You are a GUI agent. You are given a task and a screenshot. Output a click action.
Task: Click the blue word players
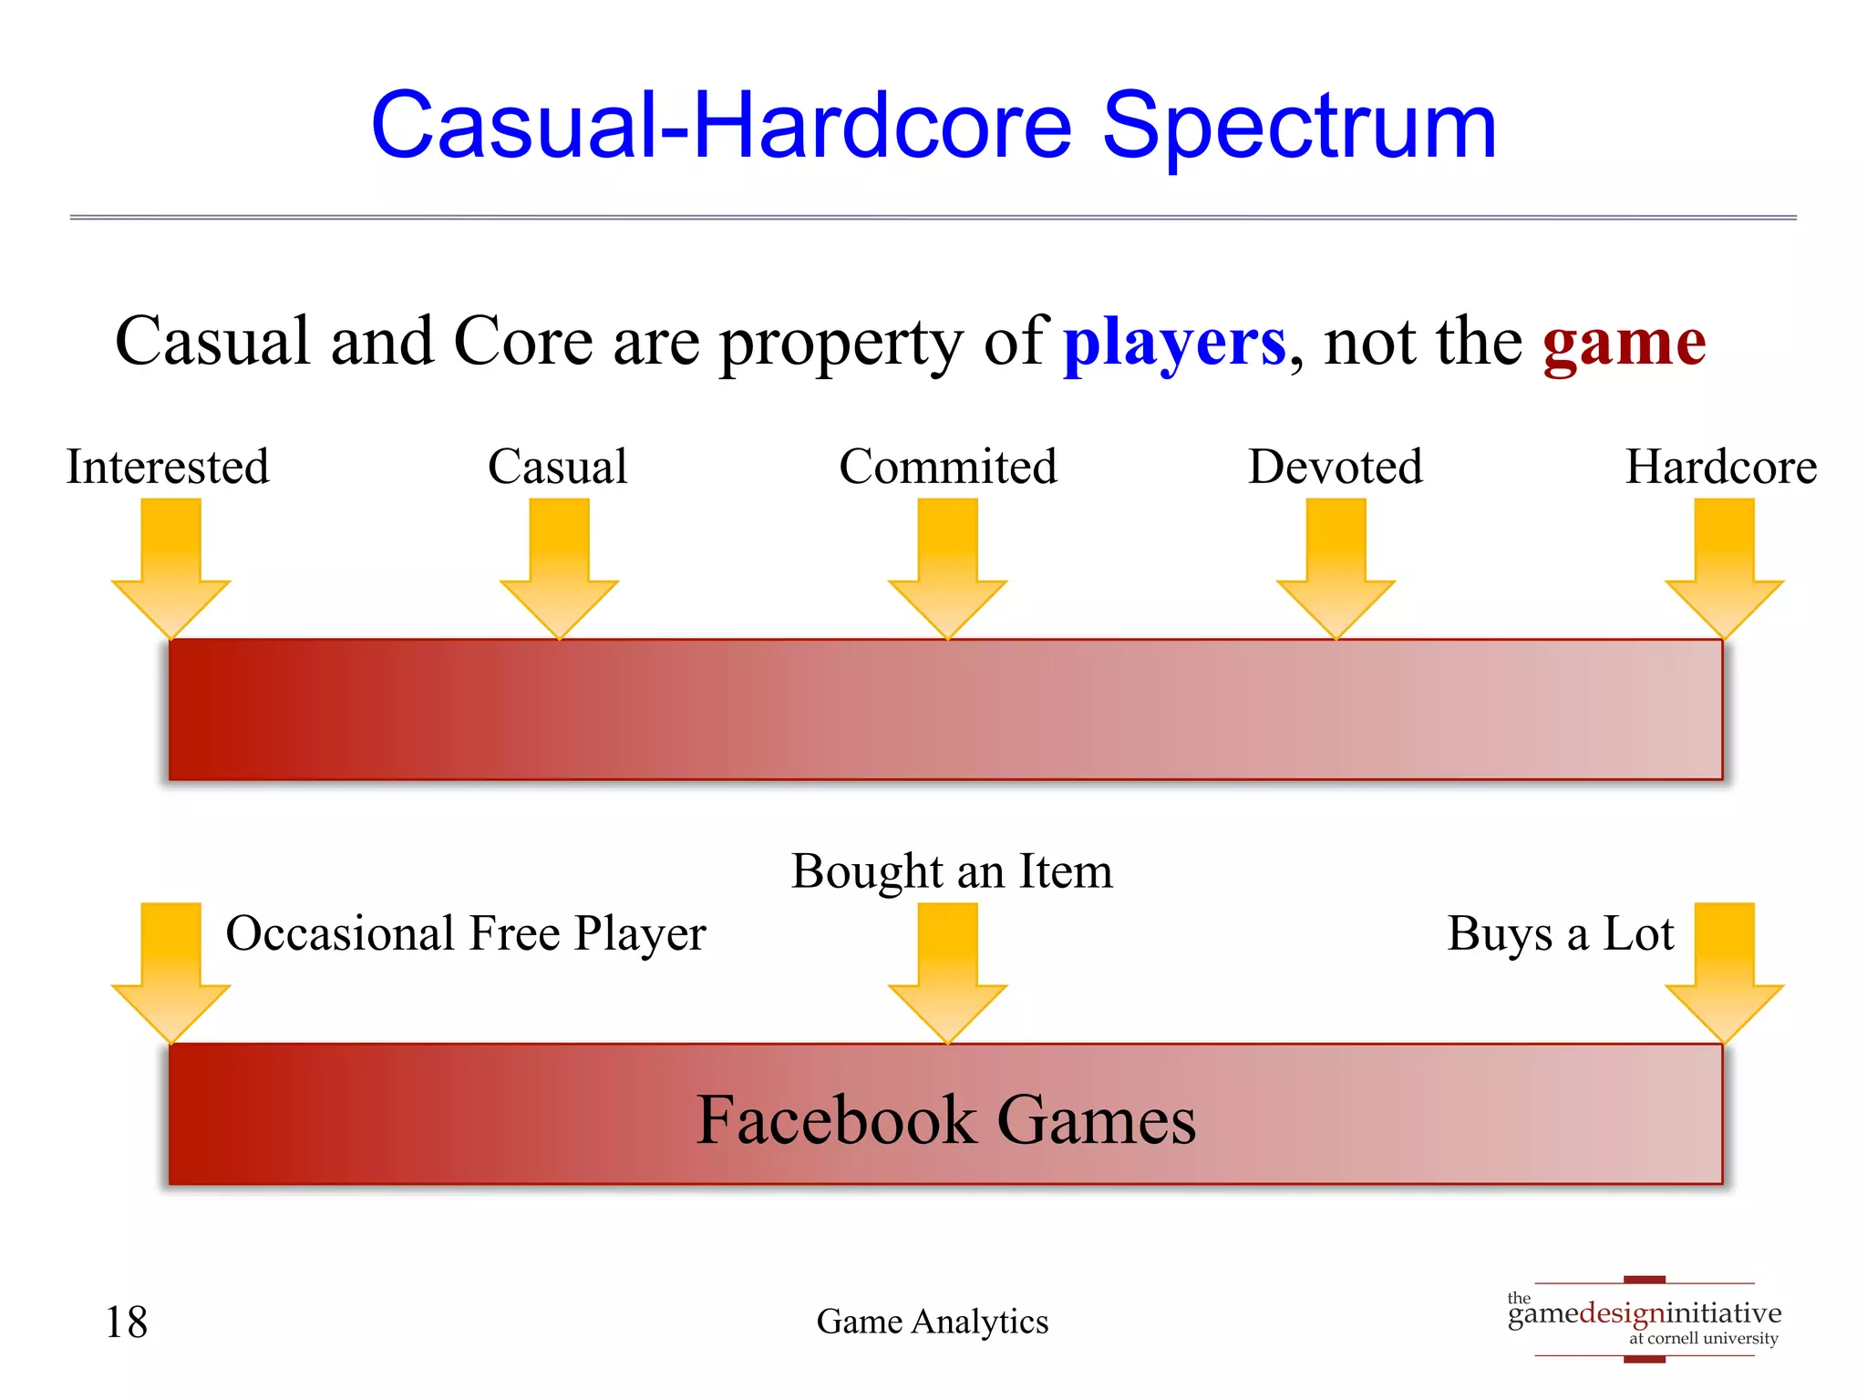click(1174, 343)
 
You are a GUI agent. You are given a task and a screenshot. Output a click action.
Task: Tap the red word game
click(1625, 343)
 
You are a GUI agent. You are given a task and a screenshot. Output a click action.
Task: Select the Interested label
click(168, 467)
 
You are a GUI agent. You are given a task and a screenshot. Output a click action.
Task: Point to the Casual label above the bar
click(558, 467)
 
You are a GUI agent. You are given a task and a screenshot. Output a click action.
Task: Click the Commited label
click(948, 467)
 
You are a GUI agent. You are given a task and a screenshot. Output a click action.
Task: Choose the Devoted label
click(1336, 467)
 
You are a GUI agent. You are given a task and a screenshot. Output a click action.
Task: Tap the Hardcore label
click(1721, 467)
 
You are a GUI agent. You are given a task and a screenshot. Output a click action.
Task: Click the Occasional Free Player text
click(466, 934)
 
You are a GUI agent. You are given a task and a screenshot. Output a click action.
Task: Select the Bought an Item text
click(952, 871)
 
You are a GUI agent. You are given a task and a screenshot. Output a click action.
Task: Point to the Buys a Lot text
click(1561, 934)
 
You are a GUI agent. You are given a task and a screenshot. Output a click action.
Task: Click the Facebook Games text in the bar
click(946, 1119)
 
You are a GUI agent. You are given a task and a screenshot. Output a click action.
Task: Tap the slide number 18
click(126, 1323)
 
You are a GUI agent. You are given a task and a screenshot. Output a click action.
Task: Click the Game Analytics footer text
click(933, 1322)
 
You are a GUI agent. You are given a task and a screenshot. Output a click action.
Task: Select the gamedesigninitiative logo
click(1645, 1319)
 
